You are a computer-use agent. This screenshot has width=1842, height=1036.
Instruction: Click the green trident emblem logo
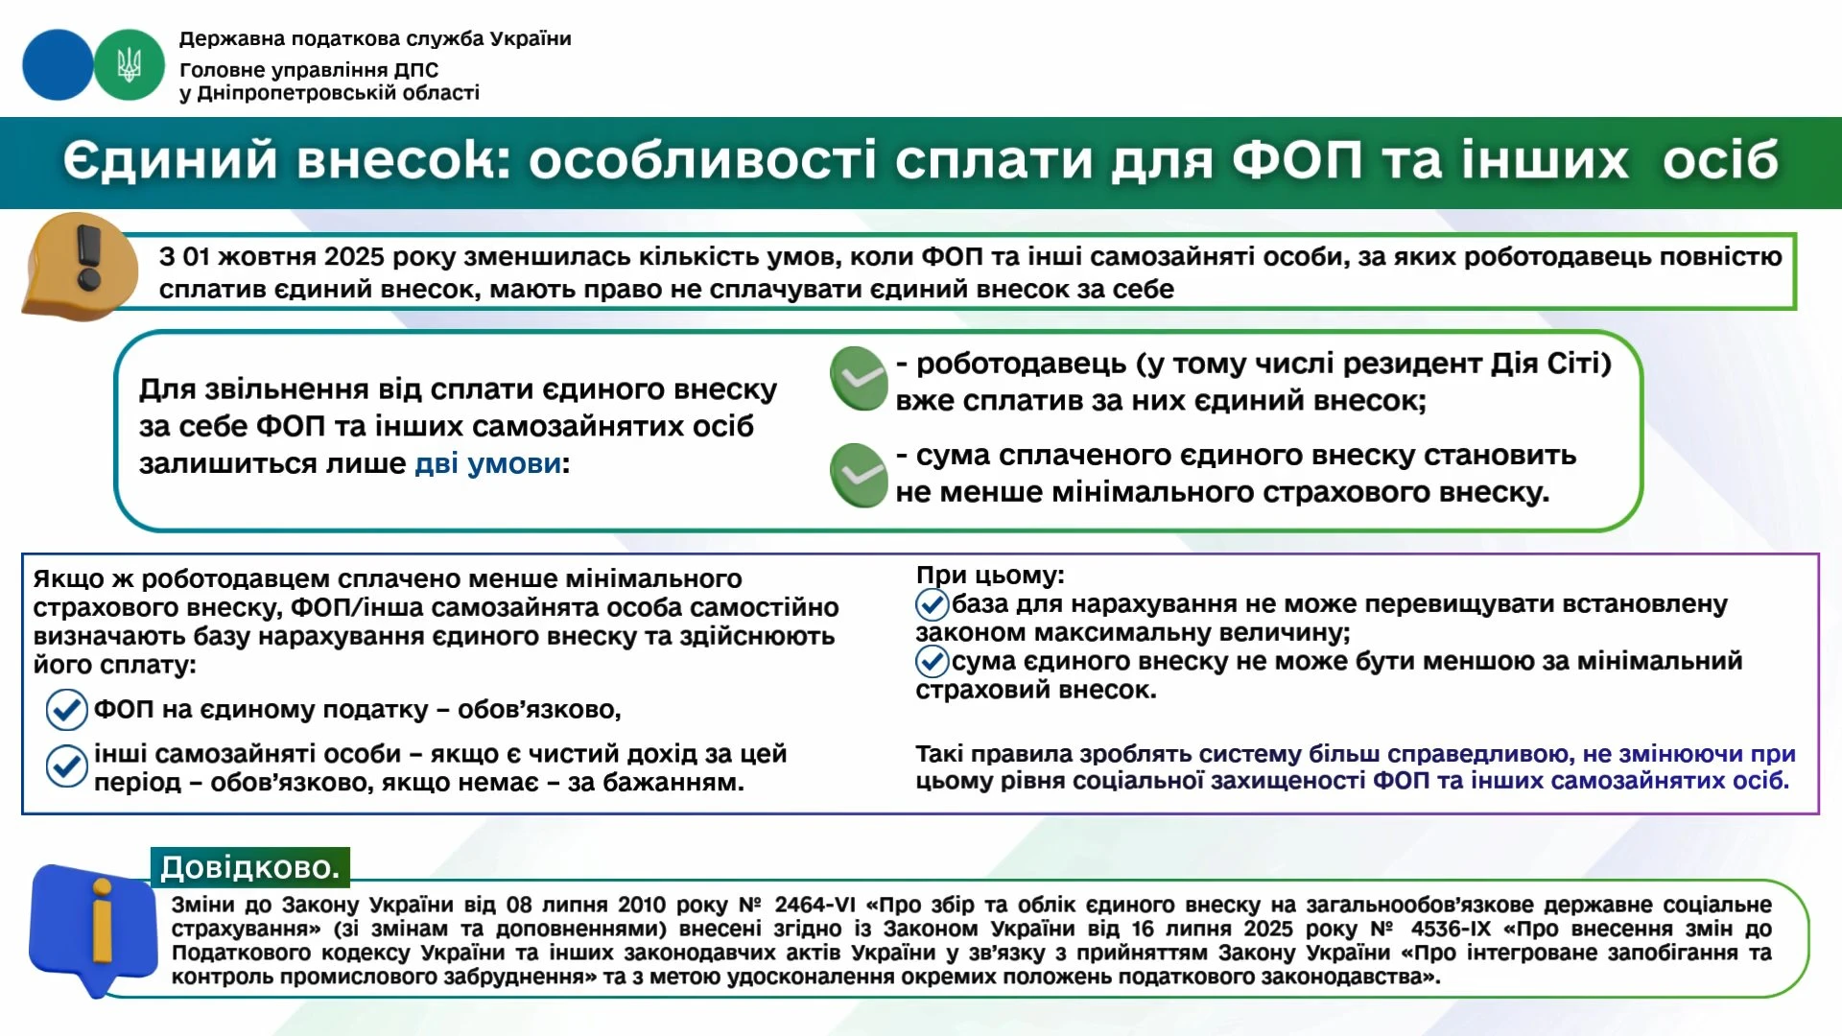130,64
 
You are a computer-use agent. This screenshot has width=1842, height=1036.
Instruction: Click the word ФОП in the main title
1296,159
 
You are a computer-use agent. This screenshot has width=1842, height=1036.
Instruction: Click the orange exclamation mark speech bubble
82,266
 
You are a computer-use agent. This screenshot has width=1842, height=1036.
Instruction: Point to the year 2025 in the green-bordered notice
353,257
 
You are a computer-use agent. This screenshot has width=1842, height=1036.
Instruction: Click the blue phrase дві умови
487,463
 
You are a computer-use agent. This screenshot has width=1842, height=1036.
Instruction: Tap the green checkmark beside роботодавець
859,378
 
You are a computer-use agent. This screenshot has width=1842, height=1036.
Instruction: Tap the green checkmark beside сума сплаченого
859,475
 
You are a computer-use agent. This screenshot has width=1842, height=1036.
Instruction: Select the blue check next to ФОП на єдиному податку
66,710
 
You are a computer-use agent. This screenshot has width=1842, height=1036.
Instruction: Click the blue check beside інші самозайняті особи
66,765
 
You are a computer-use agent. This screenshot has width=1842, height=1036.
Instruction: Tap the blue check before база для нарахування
932,604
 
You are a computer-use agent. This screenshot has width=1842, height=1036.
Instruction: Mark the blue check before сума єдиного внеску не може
932,661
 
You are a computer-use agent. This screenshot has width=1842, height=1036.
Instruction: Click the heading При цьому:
989,575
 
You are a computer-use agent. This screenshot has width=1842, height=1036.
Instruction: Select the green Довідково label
249,867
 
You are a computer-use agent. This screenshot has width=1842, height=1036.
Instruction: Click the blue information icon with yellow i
93,927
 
